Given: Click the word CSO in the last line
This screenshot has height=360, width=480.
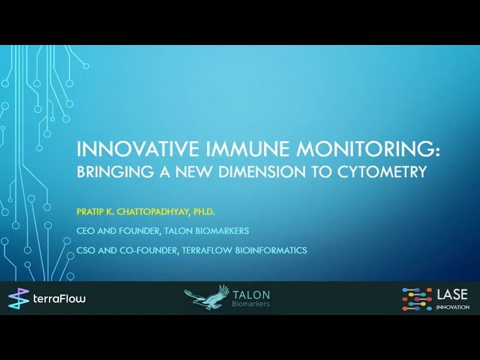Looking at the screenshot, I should pyautogui.click(x=87, y=250).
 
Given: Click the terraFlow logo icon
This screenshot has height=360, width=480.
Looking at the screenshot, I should pyautogui.click(x=18, y=298).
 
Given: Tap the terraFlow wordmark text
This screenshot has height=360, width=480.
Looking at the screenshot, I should pyautogui.click(x=59, y=299).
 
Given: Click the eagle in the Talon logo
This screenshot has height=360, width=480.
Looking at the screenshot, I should pyautogui.click(x=207, y=297).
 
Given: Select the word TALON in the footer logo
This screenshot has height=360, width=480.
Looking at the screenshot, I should pyautogui.click(x=251, y=295).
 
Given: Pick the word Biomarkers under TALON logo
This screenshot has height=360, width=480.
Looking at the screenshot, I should pyautogui.click(x=251, y=304).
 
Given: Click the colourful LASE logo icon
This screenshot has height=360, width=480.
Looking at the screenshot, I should pyautogui.click(x=416, y=298).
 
